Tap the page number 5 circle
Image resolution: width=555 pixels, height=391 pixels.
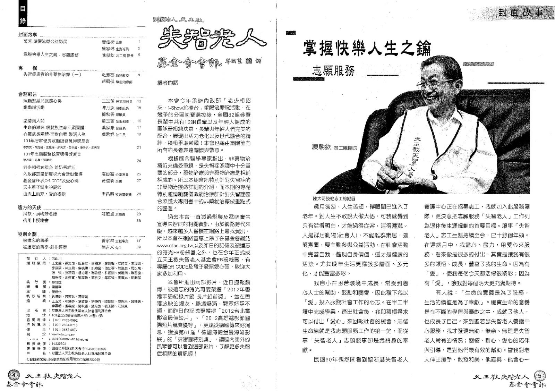(x=540, y=375)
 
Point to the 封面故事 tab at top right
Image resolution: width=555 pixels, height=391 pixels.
(x=520, y=13)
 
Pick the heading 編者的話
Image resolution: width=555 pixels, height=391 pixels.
(x=168, y=83)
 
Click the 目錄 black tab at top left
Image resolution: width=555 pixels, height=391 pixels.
(x=23, y=16)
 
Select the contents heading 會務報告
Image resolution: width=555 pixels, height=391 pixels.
(x=27, y=94)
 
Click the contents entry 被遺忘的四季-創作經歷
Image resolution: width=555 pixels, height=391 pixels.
(x=45, y=247)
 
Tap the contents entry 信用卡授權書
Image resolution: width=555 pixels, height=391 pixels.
(x=36, y=220)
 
